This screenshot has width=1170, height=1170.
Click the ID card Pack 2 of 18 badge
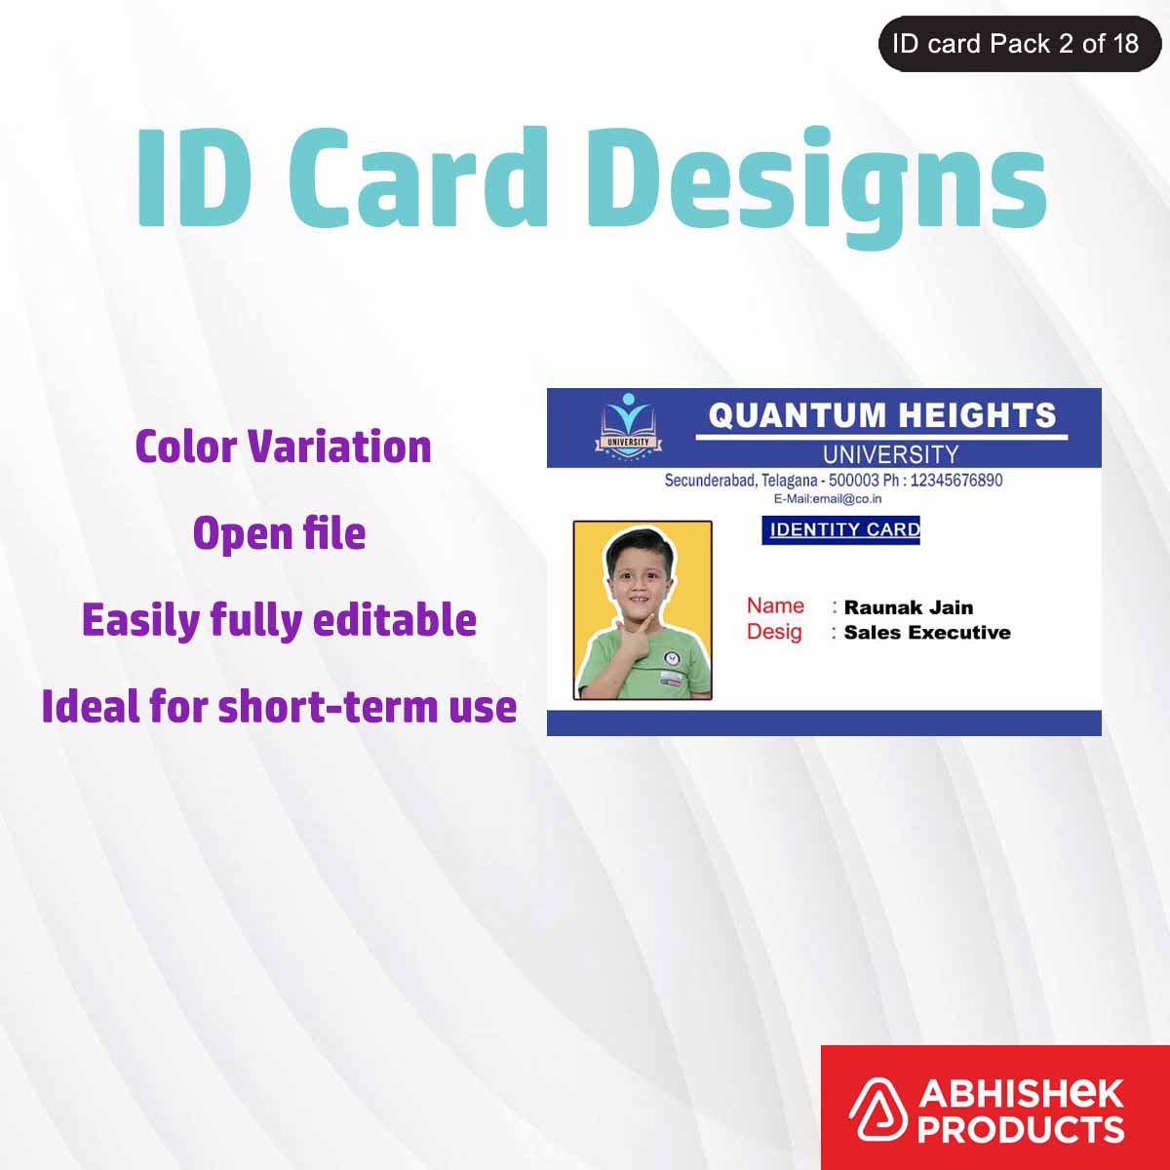(x=1018, y=44)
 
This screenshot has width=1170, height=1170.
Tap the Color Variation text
(x=283, y=447)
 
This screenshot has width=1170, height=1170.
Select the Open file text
(x=279, y=533)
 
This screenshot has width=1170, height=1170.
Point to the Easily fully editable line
(x=279, y=620)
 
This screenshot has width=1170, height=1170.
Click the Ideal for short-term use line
(x=279, y=707)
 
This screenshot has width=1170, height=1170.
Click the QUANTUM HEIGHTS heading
(x=881, y=415)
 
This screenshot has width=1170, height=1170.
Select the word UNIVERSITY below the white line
(x=890, y=454)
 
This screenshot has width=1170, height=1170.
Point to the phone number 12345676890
(x=955, y=481)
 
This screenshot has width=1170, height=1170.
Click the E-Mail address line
(x=828, y=499)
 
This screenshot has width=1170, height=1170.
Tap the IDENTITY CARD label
(x=840, y=529)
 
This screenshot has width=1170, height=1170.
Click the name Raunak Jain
(x=908, y=607)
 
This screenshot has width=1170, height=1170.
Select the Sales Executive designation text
(x=926, y=633)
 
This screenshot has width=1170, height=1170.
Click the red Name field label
(x=775, y=605)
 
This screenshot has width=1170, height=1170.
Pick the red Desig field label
(x=774, y=632)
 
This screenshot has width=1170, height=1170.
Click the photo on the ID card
(x=643, y=610)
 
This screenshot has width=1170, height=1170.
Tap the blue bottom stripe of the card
(x=824, y=722)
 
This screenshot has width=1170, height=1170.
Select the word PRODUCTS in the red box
(x=1020, y=1130)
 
